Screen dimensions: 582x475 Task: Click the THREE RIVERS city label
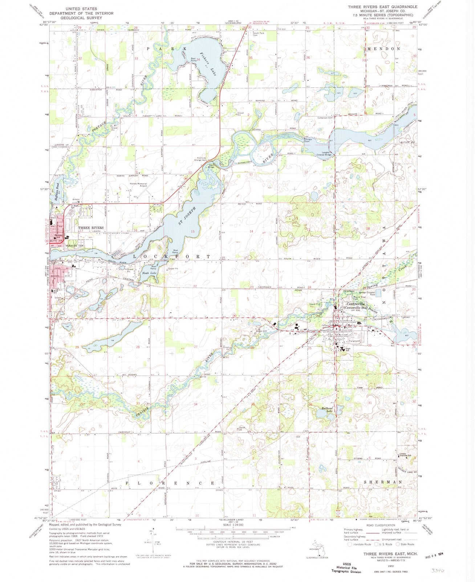91,228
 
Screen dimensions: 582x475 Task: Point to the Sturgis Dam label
308,140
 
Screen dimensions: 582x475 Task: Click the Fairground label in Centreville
354,341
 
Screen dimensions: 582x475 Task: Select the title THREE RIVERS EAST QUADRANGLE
382,7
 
